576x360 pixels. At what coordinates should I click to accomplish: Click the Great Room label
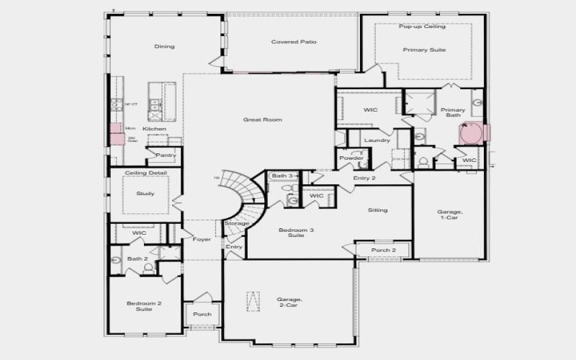(262, 120)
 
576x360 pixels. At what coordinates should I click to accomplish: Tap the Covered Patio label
(294, 42)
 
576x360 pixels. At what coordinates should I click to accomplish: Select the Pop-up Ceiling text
(423, 26)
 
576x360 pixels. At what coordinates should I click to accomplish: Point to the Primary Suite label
(424, 50)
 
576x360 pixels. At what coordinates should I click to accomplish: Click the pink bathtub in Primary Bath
(472, 133)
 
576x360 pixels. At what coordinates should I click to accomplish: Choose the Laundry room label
(377, 140)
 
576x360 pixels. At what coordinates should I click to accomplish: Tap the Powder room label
(351, 158)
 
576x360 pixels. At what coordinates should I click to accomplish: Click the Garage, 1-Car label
(450, 215)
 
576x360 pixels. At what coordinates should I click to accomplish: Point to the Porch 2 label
(384, 251)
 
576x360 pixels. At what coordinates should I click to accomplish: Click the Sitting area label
(378, 210)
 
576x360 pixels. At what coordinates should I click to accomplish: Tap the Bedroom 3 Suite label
(292, 233)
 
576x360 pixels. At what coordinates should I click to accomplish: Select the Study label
(145, 193)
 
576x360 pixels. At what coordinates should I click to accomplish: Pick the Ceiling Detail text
(145, 173)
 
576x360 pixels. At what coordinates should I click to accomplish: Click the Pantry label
(166, 155)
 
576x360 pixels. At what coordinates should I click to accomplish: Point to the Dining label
(164, 47)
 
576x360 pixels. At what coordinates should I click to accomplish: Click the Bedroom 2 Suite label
(144, 306)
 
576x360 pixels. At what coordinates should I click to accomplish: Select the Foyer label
(202, 239)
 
